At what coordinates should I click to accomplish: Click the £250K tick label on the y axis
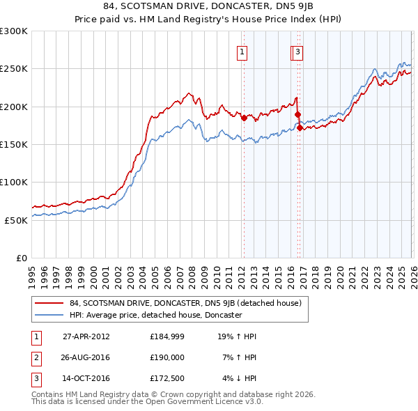pyautogui.click(x=14, y=69)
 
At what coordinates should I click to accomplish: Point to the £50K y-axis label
pyautogui.click(x=16, y=219)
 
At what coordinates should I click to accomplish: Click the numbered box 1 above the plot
pyautogui.click(x=242, y=51)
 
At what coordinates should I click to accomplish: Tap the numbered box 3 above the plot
pyautogui.click(x=297, y=51)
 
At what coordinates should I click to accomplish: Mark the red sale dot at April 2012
pyautogui.click(x=244, y=118)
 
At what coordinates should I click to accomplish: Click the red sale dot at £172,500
pyautogui.click(x=300, y=127)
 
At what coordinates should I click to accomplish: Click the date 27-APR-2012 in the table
pyautogui.click(x=86, y=336)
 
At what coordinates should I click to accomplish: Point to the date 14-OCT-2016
pyautogui.click(x=86, y=379)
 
